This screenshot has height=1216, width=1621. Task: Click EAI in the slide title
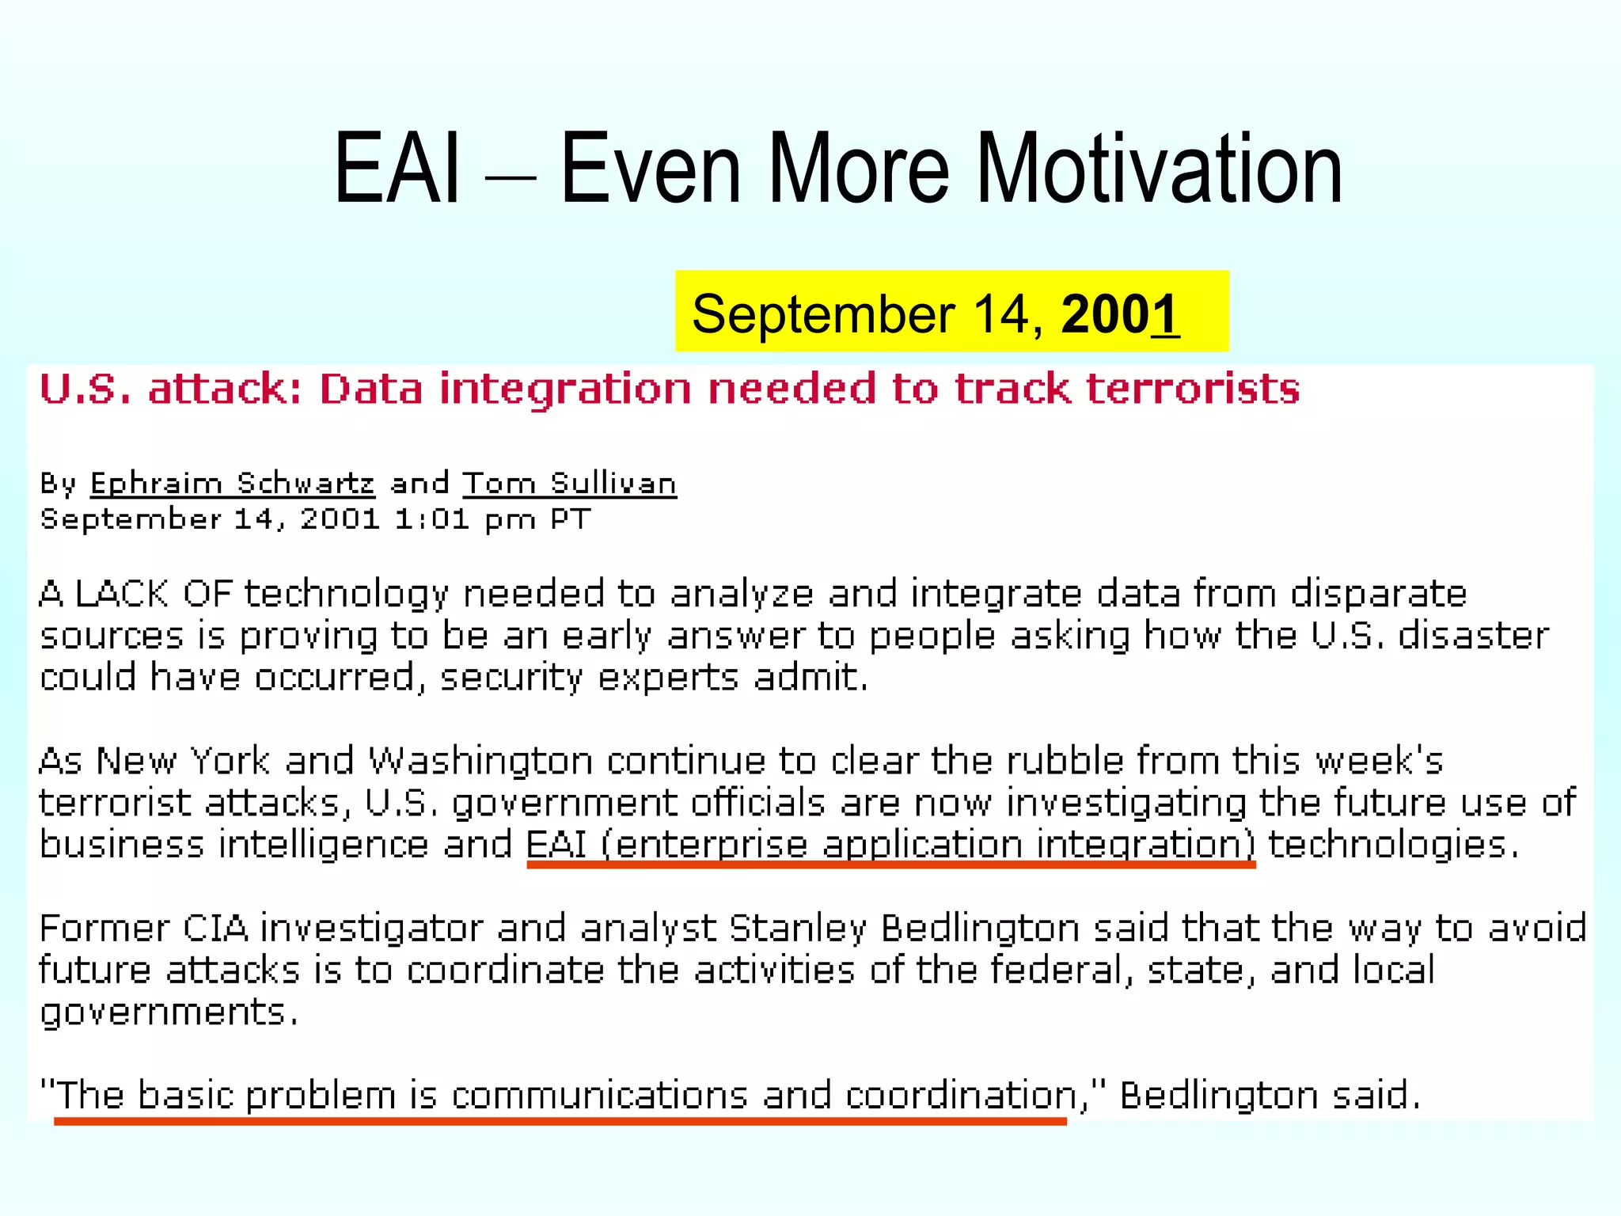coord(396,169)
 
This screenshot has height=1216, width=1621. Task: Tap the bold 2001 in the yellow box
coord(1119,314)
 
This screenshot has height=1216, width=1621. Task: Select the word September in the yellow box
coord(823,314)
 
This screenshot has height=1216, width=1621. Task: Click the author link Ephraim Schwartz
coord(232,483)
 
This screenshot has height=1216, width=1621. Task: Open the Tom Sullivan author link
coord(570,483)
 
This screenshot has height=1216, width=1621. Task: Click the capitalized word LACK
coord(122,594)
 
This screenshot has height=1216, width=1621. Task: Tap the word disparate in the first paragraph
coord(1378,594)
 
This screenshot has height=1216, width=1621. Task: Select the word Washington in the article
coord(480,761)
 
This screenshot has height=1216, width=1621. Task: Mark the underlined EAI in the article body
coord(556,844)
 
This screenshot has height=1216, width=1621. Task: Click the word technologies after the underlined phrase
coord(1393,844)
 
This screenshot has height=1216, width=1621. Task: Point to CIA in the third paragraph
coord(215,928)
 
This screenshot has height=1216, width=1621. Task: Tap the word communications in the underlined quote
coord(599,1096)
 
